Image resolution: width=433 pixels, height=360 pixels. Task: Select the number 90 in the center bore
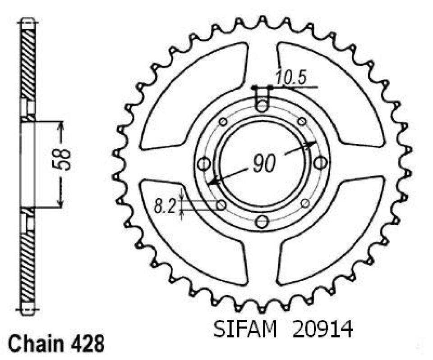click(263, 164)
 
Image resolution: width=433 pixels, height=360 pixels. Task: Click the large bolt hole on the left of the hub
click(204, 163)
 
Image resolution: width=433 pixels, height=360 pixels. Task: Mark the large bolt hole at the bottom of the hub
click(262, 221)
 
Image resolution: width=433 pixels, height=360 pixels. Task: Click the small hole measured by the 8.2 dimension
click(221, 205)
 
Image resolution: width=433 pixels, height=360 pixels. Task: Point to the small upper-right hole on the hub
click(302, 122)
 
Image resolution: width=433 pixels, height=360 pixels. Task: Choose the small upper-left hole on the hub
click(223, 122)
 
